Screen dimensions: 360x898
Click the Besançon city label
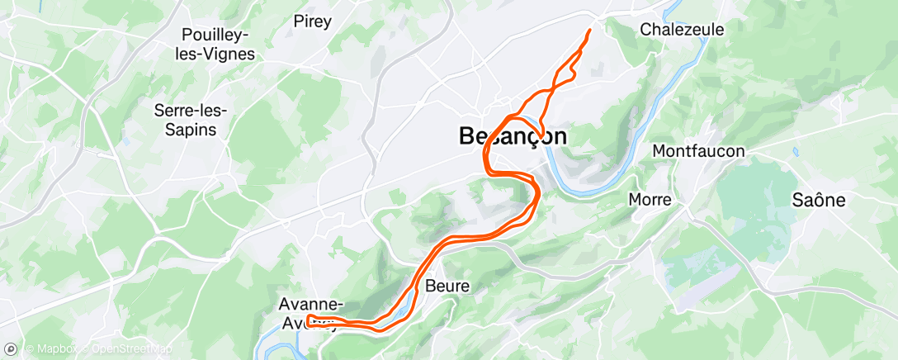513,136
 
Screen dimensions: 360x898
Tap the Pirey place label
313,21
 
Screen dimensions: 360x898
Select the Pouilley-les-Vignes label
219,45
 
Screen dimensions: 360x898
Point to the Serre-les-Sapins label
191,120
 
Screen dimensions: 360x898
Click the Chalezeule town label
682,30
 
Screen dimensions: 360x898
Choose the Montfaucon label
698,151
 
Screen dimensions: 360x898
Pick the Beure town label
447,287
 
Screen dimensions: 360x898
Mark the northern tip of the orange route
590,30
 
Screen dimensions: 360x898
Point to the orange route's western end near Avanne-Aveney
307,320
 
